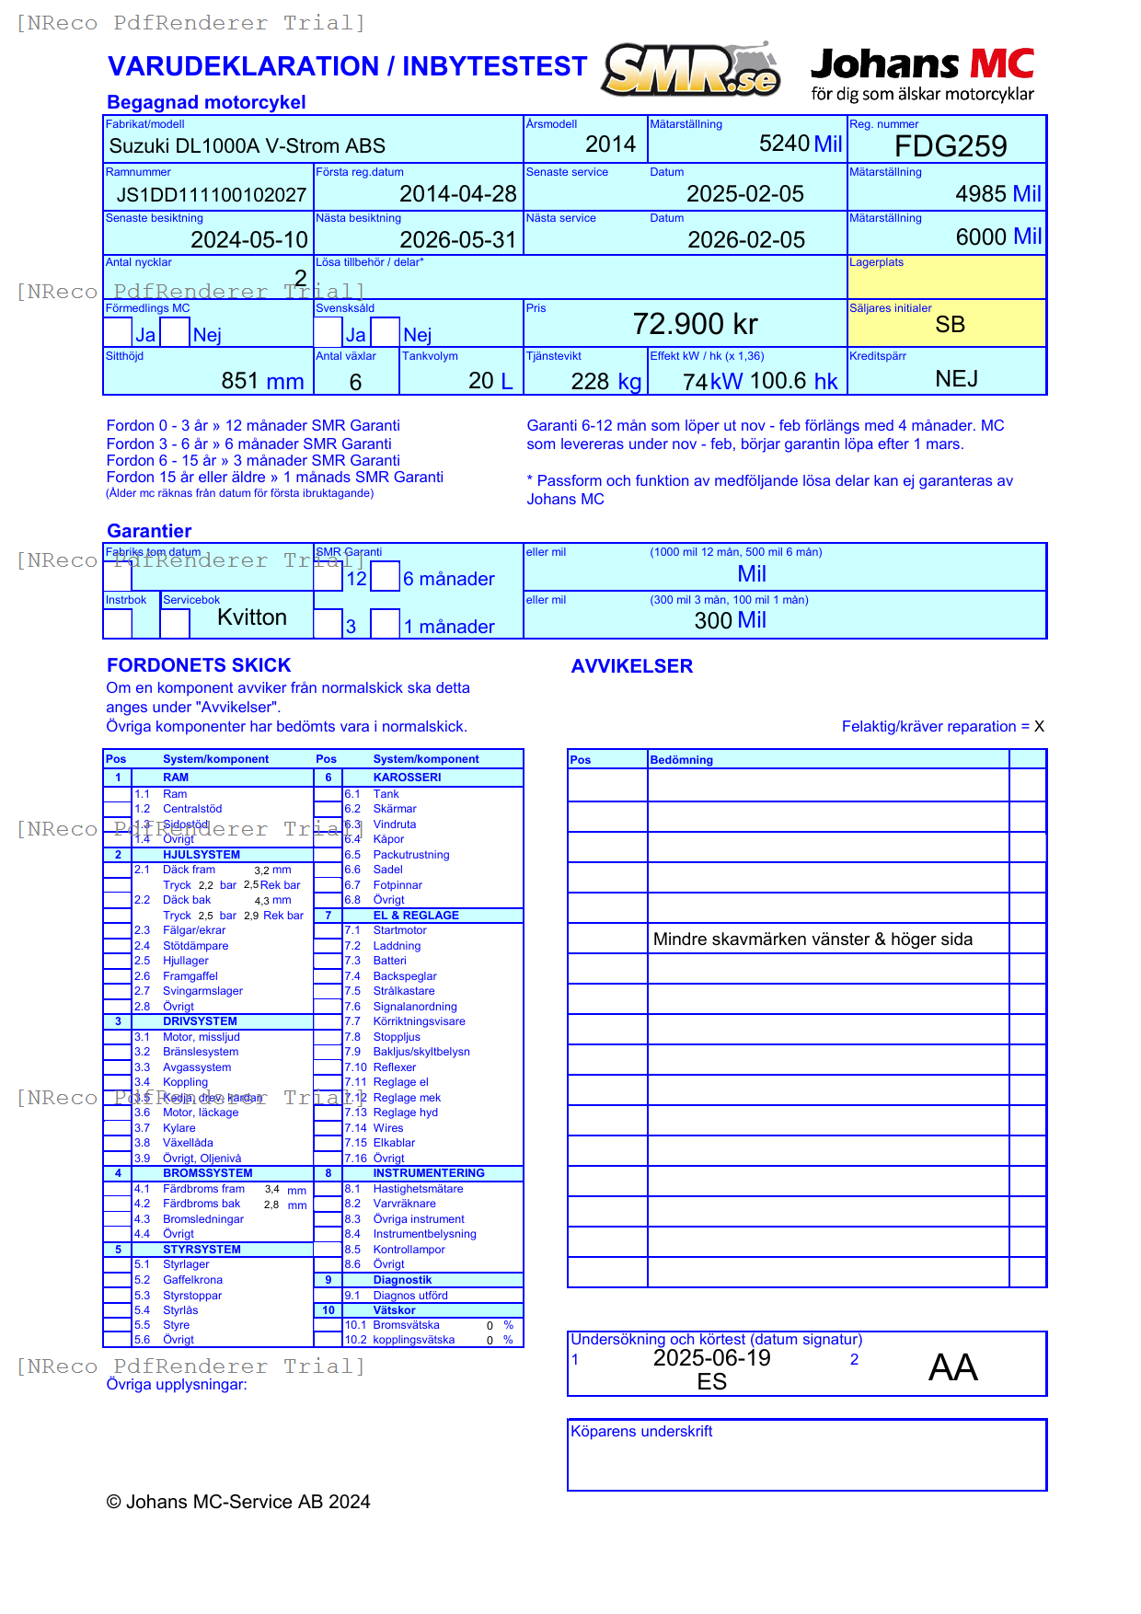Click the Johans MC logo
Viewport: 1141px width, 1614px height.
pos(922,74)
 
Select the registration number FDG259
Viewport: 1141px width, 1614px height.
pos(951,146)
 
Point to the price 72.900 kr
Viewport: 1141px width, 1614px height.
pos(695,324)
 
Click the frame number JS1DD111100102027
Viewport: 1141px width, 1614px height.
pos(211,195)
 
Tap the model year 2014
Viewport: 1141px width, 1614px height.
pos(610,144)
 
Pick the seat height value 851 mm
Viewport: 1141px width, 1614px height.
pos(262,381)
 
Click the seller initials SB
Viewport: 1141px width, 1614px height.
pos(950,325)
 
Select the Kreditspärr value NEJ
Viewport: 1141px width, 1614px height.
pos(956,379)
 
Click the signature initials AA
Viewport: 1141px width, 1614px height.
pos(952,1367)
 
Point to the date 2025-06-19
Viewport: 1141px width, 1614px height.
pos(711,1358)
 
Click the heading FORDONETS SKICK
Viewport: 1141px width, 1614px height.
pos(199,665)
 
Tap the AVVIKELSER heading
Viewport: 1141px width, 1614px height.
pos(631,666)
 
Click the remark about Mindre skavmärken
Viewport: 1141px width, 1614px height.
pos(812,940)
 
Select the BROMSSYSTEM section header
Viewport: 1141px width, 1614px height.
pos(207,1173)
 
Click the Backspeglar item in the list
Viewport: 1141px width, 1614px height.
pos(405,976)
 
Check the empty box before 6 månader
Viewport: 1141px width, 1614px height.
pos(386,577)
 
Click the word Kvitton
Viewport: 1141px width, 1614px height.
pos(251,617)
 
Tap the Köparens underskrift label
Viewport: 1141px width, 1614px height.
pos(641,1432)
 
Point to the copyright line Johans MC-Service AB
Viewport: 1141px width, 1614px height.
pos(238,1502)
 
